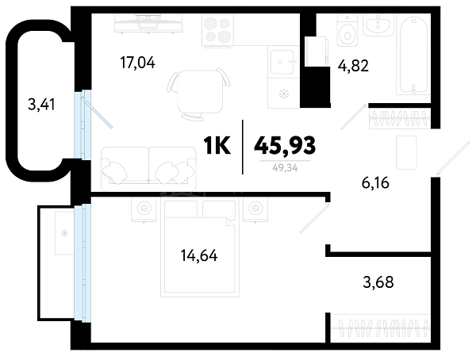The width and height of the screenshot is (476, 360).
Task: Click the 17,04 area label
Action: coord(137,63)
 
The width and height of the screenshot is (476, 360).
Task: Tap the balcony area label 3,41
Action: coord(41,105)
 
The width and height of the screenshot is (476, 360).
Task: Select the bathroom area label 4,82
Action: coord(353,66)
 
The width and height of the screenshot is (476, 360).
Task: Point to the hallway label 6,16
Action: coord(375,183)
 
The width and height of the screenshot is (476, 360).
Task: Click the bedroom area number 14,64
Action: coord(199,255)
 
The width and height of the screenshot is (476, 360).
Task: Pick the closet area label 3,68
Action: coord(378,282)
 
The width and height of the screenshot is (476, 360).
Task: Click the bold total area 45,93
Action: coord(285,145)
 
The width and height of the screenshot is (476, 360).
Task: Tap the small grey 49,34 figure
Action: coord(285,167)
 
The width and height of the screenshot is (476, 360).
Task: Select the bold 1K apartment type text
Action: coord(217,145)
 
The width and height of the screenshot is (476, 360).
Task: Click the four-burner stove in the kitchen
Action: coord(218,30)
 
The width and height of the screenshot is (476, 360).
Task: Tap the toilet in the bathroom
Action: coord(347,30)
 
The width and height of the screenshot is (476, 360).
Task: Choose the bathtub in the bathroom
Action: coord(413,55)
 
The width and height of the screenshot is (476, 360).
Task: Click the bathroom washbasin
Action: coord(378,25)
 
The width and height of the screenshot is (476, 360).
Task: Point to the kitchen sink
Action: coord(282,62)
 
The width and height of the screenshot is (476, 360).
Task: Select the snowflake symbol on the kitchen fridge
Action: coord(284,94)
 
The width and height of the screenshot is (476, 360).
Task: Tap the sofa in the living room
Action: coord(148,169)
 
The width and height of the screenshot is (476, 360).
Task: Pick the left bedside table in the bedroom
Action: coord(144,209)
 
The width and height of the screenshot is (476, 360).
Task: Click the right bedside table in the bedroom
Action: coord(255,209)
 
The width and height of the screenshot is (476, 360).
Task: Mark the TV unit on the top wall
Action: coord(148,23)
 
